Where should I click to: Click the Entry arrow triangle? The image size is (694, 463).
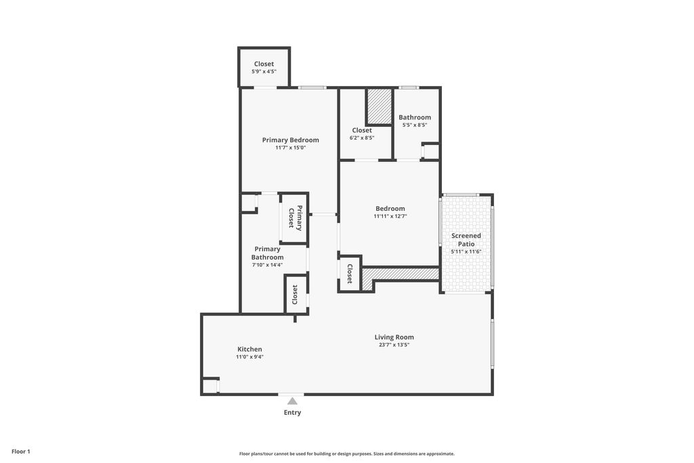pos(292,401)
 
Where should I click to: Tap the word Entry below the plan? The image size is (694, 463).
pos(292,412)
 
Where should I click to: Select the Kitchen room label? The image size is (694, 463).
pos(249,349)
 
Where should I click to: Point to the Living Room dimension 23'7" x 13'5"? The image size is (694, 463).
pos(394,345)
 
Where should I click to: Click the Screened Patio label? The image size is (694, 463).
pos(466,239)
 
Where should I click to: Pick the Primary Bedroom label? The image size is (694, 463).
pos(290,140)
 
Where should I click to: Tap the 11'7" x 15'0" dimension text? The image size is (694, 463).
pos(290,148)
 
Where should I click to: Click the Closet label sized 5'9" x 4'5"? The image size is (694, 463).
pos(264,64)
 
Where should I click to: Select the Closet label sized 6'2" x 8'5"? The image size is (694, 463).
pos(362,130)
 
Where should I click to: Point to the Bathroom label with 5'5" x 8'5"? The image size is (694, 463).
pos(414,117)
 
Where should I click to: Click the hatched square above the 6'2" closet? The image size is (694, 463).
pos(380,106)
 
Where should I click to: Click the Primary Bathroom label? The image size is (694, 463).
pos(267,253)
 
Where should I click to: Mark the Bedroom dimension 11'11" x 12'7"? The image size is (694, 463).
pos(390,216)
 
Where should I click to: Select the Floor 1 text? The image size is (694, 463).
pos(21,451)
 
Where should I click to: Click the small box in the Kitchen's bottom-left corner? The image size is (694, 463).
pos(210,386)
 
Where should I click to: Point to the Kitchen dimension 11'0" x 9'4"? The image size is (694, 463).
pos(249,357)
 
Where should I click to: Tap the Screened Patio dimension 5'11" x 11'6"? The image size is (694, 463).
pos(466,251)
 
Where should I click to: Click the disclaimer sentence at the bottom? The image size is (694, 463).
pos(346,454)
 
